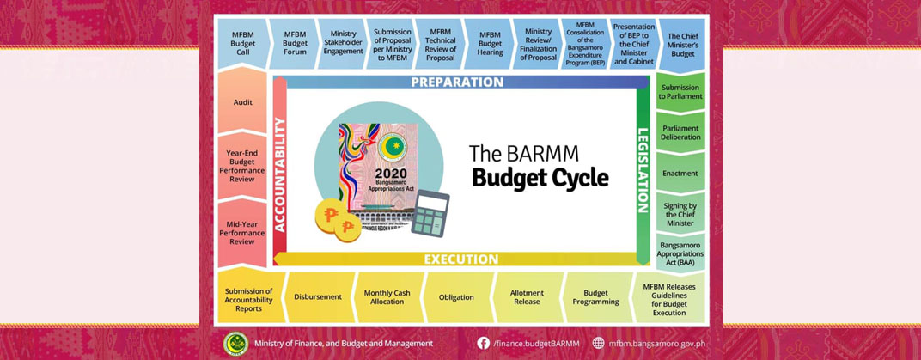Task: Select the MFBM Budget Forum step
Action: [x=295, y=44]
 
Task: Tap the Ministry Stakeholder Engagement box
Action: [x=343, y=44]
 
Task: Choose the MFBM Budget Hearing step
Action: [x=490, y=44]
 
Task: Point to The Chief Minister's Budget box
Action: [x=684, y=44]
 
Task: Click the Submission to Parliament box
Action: [x=680, y=91]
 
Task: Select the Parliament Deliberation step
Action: [x=680, y=134]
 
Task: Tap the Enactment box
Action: [x=680, y=173]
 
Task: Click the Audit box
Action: [x=243, y=102]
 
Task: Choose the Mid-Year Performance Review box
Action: [x=243, y=233]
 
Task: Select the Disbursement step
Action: [x=317, y=297]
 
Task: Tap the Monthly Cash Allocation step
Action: [x=387, y=297]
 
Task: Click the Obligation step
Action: [x=456, y=297]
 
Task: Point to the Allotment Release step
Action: [x=526, y=297]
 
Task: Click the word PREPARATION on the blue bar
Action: [x=456, y=82]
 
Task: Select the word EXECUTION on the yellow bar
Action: [x=460, y=259]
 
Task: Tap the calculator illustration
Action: [x=430, y=211]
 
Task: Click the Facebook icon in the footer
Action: [x=484, y=343]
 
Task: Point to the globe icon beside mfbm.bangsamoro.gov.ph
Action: [x=598, y=343]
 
